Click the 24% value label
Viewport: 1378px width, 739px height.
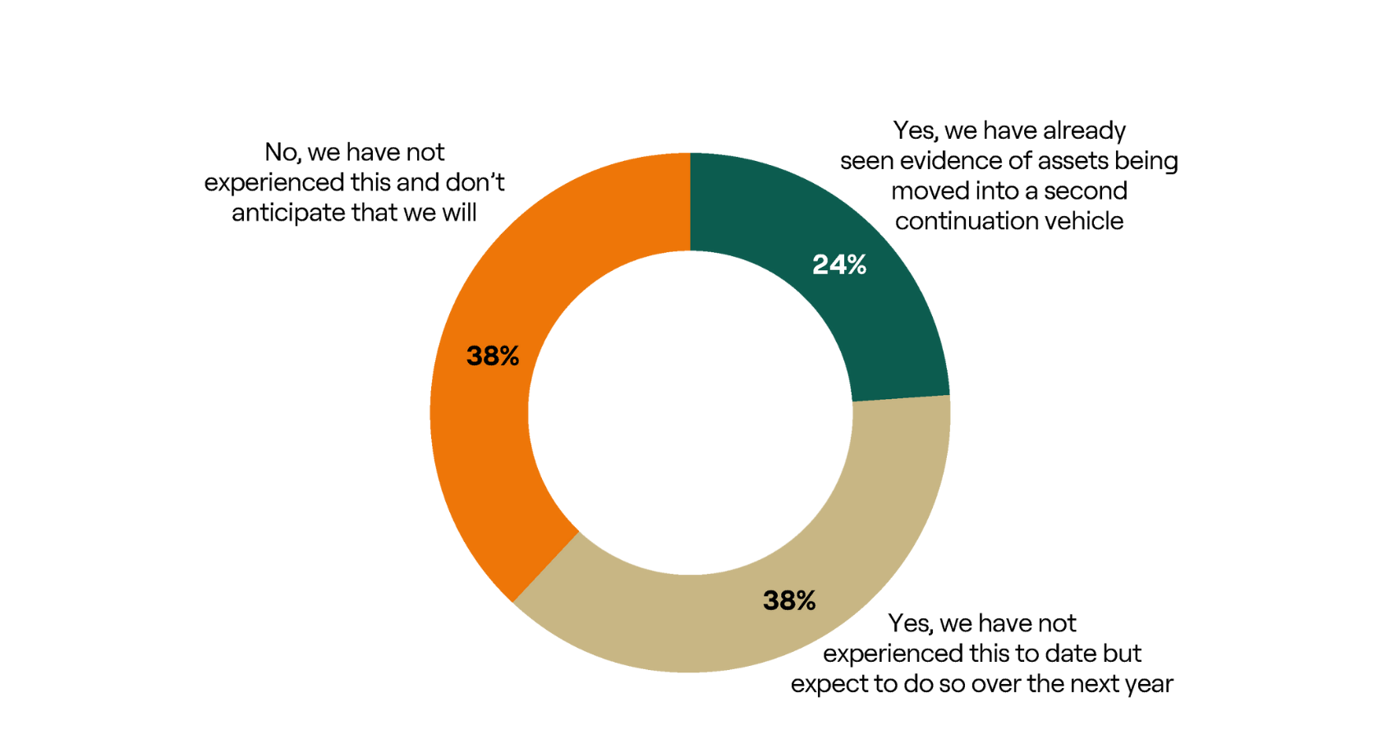(x=839, y=264)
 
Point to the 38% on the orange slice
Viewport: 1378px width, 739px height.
(x=493, y=356)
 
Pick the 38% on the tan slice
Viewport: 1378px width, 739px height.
(x=789, y=600)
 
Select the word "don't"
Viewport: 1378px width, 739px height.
(x=475, y=182)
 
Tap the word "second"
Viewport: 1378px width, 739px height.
(x=1086, y=191)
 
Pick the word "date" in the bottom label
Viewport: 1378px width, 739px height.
(x=1056, y=654)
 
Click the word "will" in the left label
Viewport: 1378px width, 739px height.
(x=459, y=213)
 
